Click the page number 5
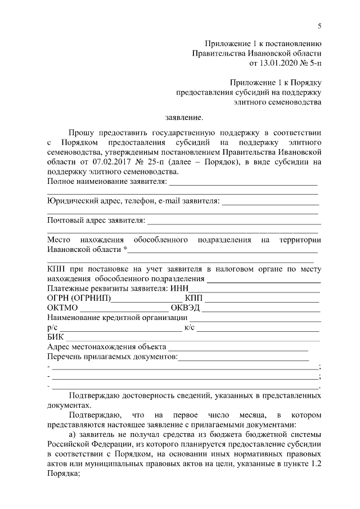319,25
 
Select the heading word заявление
183,118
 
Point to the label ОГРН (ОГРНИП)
79,298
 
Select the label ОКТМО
63,308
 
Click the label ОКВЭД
186,308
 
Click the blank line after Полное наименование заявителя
243,183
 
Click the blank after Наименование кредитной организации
254,318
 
